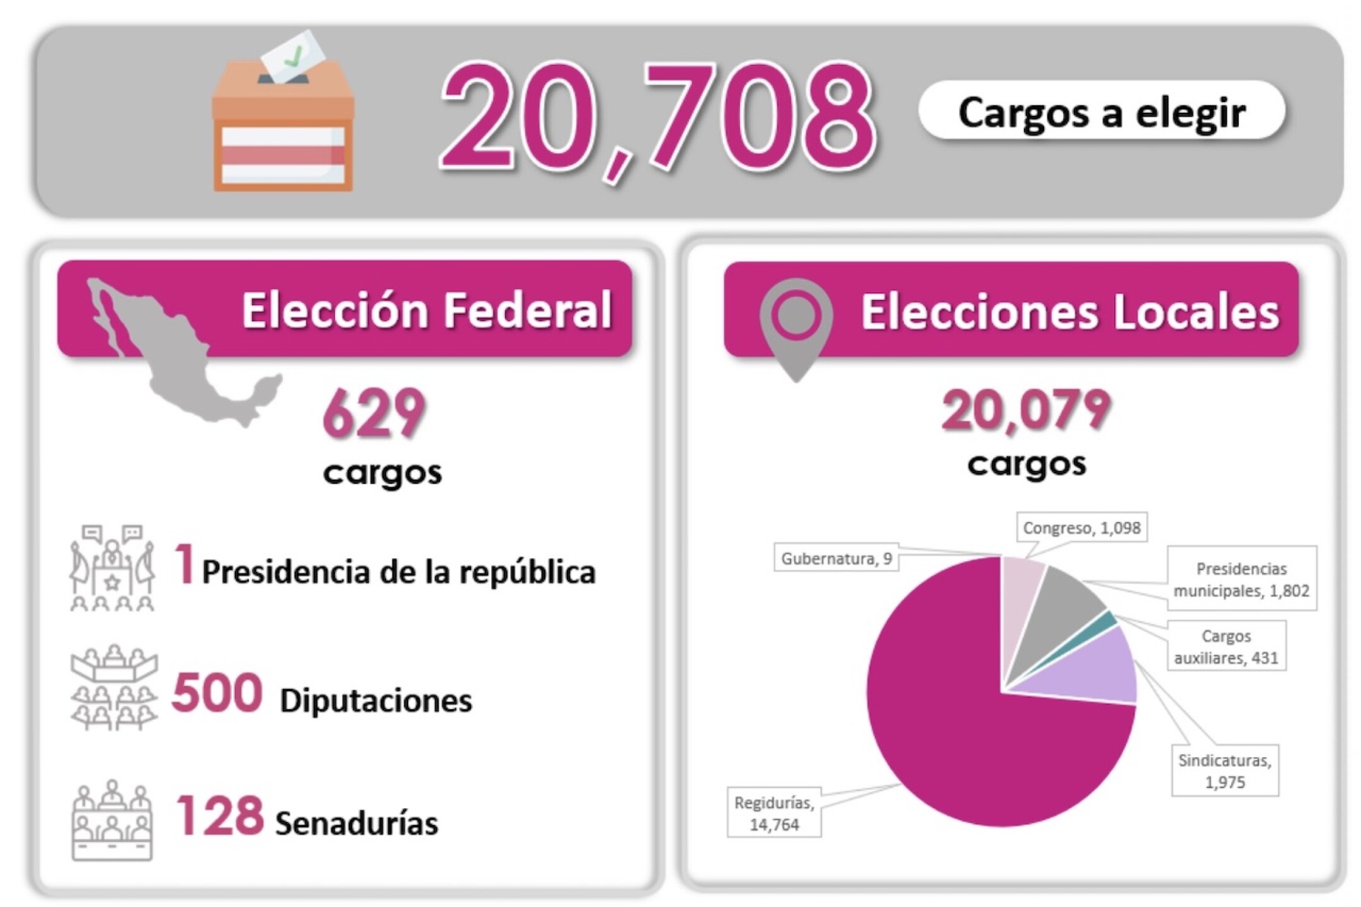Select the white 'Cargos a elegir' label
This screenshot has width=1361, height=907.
1102,111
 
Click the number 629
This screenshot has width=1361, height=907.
374,413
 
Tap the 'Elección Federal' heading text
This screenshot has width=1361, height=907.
426,310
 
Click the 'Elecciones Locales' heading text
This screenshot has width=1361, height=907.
1069,312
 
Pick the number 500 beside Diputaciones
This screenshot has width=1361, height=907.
217,693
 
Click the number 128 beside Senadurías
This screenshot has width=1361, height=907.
219,816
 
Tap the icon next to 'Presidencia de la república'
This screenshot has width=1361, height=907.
112,568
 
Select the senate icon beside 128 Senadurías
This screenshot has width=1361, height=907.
112,819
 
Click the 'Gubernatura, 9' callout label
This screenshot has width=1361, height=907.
836,559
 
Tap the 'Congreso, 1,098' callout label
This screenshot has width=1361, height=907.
1081,528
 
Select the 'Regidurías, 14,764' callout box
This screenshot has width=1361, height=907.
774,813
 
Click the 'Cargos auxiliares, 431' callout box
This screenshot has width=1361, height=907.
1226,647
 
